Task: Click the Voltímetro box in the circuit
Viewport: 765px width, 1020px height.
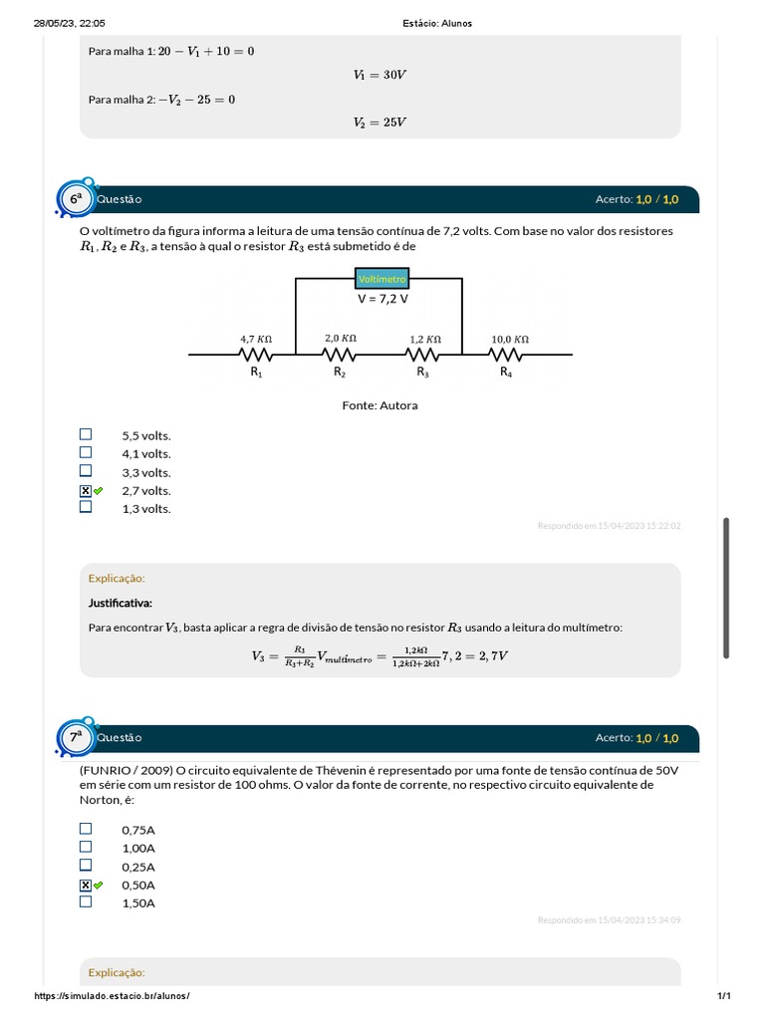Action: click(x=382, y=280)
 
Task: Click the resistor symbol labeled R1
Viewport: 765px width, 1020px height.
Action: click(x=256, y=354)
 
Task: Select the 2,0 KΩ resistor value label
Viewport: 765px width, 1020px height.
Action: click(x=340, y=338)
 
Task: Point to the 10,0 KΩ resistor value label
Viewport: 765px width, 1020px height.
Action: click(x=510, y=339)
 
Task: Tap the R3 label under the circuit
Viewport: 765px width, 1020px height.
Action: click(x=423, y=372)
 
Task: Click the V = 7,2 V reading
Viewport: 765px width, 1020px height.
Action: click(x=382, y=298)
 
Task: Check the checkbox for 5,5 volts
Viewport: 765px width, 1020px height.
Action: click(x=86, y=434)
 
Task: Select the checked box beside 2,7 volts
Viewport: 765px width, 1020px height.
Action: click(x=86, y=490)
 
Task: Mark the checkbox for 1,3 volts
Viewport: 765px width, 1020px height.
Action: click(x=86, y=507)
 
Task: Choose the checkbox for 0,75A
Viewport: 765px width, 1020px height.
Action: click(x=86, y=829)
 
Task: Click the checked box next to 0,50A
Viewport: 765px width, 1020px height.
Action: click(x=86, y=885)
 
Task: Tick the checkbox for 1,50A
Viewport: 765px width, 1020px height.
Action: click(x=86, y=901)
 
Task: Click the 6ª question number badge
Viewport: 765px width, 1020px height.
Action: click(x=77, y=199)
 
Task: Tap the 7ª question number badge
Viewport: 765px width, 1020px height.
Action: click(x=77, y=737)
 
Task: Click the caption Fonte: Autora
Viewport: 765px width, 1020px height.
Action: click(x=380, y=405)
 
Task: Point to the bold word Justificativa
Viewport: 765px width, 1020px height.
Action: click(x=121, y=603)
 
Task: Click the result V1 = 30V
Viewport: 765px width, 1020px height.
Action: click(x=380, y=75)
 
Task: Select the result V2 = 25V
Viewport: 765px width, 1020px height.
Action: click(x=380, y=123)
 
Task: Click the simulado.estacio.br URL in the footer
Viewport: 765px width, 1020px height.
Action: click(x=112, y=996)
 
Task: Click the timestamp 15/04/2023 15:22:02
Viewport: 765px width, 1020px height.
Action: click(x=609, y=525)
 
